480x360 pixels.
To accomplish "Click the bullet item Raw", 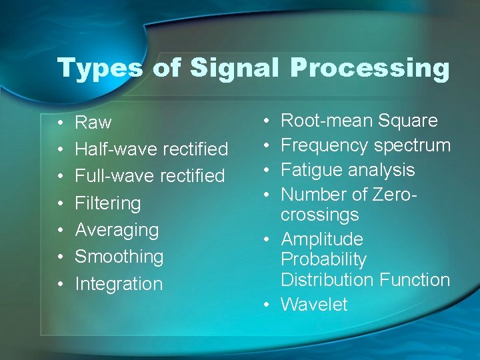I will click(93, 123).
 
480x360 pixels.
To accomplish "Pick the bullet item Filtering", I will click(108, 203).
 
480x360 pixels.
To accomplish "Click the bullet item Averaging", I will click(117, 230).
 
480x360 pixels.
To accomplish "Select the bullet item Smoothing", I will click(119, 257).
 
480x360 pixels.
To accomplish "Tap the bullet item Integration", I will click(119, 284).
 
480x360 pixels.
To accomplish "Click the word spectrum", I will click(413, 145).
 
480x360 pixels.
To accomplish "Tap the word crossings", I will click(320, 215).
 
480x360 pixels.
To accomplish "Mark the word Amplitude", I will click(322, 239).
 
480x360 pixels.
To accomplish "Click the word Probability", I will click(323, 259).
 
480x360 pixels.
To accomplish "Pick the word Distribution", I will click(325, 280).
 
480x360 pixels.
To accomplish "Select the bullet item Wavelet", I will click(314, 305).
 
